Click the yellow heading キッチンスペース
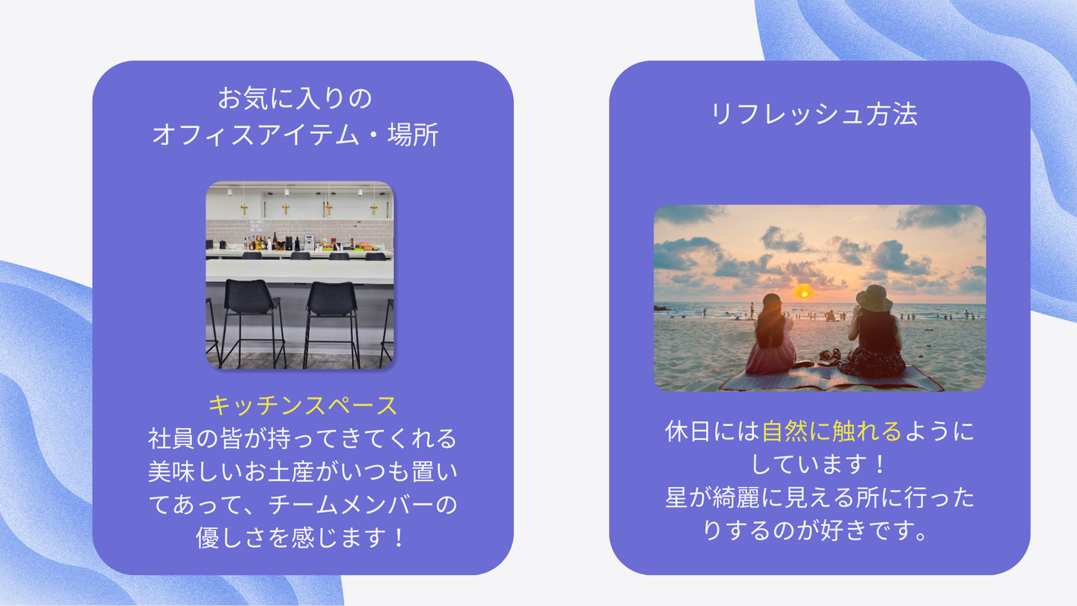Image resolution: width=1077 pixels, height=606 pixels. pos(302,405)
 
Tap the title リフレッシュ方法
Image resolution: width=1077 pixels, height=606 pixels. pos(814,114)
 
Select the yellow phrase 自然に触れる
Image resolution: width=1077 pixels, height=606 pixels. pos(832,431)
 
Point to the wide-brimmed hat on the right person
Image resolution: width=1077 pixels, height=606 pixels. pos(874,298)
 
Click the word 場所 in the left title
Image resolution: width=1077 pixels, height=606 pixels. pos(413,135)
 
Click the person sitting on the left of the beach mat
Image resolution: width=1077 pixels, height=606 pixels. pos(770,335)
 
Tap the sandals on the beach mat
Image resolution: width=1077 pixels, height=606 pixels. pos(830,355)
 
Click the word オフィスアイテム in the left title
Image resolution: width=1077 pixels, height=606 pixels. pos(256,135)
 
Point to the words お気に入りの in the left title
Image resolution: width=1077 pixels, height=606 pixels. pos(295,99)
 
